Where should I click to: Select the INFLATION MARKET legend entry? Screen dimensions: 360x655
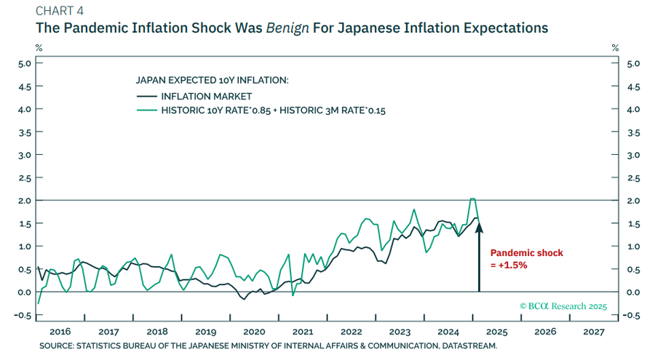[206, 96]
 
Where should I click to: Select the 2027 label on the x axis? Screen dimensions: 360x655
[594, 331]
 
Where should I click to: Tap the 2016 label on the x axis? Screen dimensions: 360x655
[61, 331]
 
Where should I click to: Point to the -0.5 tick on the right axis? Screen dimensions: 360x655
[631, 315]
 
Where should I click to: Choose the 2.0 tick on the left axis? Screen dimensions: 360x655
[25, 201]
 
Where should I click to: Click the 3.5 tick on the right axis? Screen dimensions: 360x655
[632, 132]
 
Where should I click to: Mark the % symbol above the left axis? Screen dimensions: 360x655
[40, 47]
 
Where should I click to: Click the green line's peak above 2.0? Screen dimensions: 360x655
[472, 199]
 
